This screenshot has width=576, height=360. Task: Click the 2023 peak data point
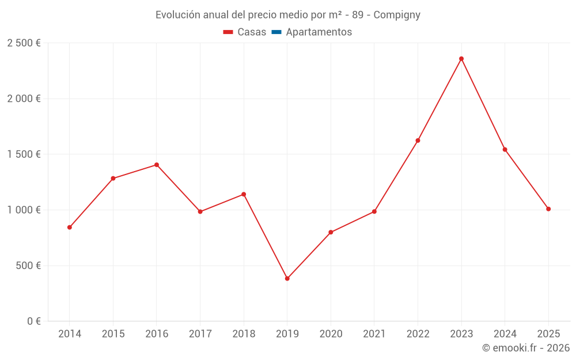point(461,59)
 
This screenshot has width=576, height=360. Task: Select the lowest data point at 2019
point(287,279)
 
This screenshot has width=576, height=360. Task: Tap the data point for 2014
point(70,228)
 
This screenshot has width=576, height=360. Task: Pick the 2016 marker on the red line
point(157,165)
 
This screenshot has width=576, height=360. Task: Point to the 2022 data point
point(418,141)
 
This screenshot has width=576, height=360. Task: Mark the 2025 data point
point(548,209)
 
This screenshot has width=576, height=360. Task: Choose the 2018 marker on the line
point(244,194)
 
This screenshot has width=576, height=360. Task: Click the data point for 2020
point(331,233)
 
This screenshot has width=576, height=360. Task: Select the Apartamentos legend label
point(319,32)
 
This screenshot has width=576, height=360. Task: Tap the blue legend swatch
point(276,32)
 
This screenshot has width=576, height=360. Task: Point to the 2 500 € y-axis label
point(24,43)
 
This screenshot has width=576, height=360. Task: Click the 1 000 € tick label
point(24,210)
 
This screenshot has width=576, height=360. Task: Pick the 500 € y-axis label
point(28,266)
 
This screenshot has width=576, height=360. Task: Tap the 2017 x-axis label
point(200,334)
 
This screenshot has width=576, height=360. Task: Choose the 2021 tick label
point(374,334)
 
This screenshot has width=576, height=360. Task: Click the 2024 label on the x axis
point(505,334)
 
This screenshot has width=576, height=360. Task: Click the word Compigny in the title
point(396,15)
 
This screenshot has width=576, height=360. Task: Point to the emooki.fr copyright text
point(525,348)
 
